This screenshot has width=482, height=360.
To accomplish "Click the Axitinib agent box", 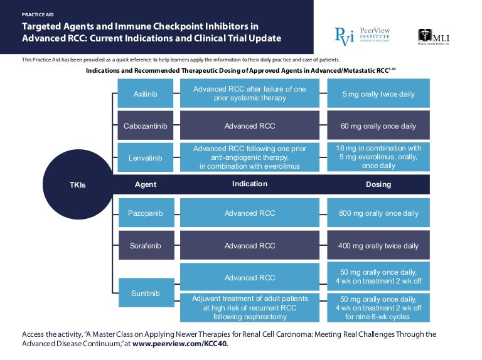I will [145, 94].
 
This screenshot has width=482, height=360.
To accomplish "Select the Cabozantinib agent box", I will [145, 125].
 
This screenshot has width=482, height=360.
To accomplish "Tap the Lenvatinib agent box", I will [145, 157].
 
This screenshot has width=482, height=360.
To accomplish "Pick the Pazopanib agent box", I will [145, 213].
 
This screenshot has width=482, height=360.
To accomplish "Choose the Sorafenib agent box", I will [145, 246].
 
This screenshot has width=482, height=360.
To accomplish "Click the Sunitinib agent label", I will [145, 292].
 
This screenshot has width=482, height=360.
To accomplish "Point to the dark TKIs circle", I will [78, 184].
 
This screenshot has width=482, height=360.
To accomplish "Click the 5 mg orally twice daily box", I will [378, 94].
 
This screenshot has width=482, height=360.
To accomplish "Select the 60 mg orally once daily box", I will [378, 125].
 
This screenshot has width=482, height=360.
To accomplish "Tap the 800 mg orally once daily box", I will [378, 213].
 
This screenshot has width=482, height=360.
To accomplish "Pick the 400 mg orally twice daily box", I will [378, 246].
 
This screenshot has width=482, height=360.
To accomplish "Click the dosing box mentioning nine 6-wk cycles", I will [378, 308].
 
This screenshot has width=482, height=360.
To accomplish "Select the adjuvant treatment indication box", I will [250, 308].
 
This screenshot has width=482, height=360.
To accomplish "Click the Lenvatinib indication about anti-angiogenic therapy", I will [250, 157].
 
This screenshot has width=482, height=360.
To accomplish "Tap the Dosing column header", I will [378, 184].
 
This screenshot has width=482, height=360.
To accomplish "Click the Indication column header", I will [250, 184].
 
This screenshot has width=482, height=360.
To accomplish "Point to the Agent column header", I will [145, 184].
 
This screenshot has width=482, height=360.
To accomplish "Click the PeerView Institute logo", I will [363, 36].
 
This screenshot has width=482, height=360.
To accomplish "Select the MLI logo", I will [434, 37].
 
